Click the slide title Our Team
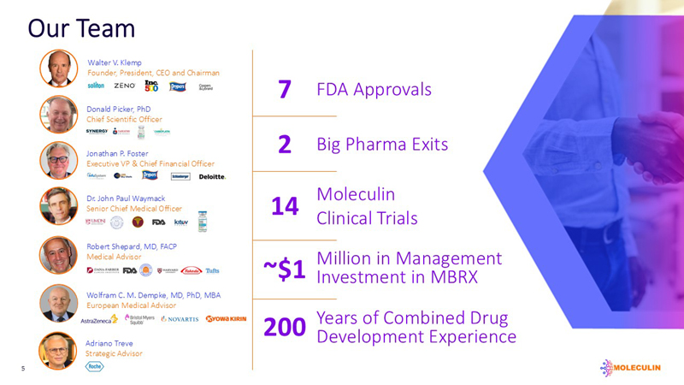(x=81, y=28)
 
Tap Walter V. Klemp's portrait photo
(x=58, y=68)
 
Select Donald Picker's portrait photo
(x=58, y=115)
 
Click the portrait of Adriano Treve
(x=58, y=350)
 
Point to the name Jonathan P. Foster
(x=117, y=153)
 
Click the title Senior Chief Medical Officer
(x=134, y=209)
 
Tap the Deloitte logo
(x=211, y=176)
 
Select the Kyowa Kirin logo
(x=226, y=318)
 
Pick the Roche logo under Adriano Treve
(x=95, y=366)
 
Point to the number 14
(x=285, y=206)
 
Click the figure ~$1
(x=284, y=269)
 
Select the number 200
(x=285, y=327)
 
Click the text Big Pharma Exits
(x=382, y=144)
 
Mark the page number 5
(x=24, y=370)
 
